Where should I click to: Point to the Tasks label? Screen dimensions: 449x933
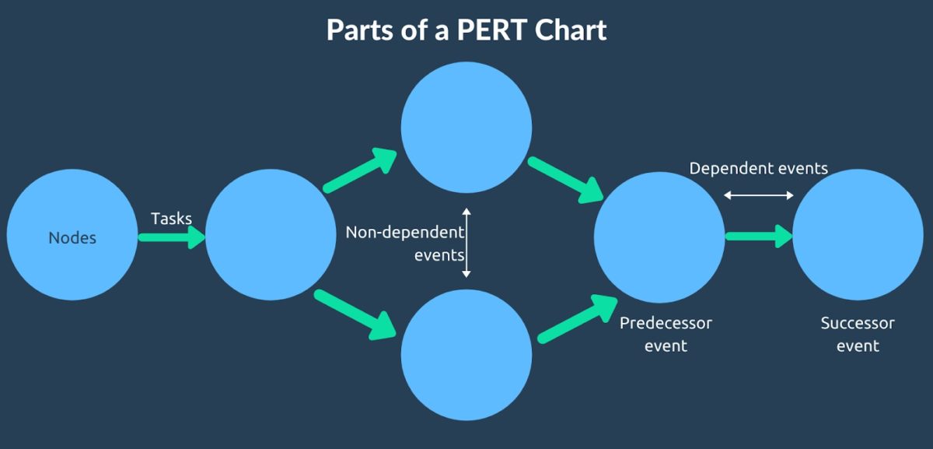click(x=171, y=219)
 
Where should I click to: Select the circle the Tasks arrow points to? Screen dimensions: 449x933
click(x=271, y=235)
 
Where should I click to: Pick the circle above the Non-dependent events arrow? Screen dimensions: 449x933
click(x=466, y=128)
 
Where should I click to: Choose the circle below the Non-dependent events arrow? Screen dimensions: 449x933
click(x=466, y=355)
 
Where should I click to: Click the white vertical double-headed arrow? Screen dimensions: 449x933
click(x=466, y=243)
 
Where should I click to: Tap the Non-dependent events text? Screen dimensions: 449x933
click(x=404, y=243)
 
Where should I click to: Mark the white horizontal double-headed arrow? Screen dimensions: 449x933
click(x=759, y=195)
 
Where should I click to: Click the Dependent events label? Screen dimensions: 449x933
click(x=759, y=168)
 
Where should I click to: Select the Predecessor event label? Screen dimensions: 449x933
click(x=666, y=334)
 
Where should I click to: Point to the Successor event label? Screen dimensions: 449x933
click(x=858, y=334)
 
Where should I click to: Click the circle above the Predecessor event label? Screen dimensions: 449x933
click(x=659, y=235)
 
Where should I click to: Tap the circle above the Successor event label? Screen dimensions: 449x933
click(x=858, y=235)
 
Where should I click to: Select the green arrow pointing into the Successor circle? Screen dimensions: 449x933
click(x=759, y=236)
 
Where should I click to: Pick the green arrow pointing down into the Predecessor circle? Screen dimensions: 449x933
click(x=566, y=179)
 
